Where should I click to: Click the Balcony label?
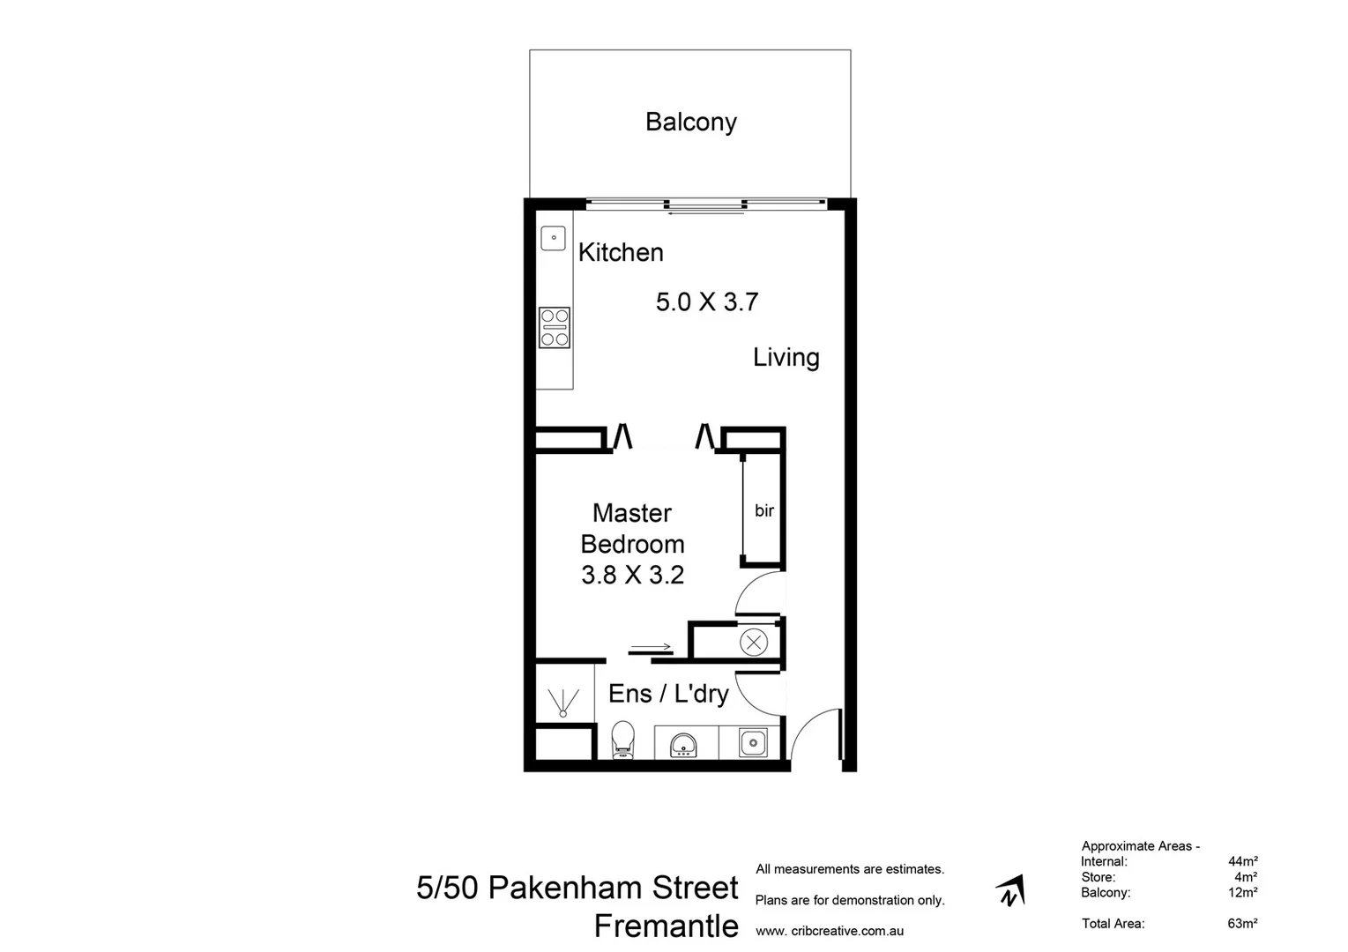pyautogui.click(x=690, y=122)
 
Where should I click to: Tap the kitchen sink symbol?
pyautogui.click(x=553, y=238)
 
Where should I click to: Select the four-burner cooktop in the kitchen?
pyautogui.click(x=555, y=328)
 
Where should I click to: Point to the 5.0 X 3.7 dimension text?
pyautogui.click(x=707, y=302)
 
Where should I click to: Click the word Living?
pyautogui.click(x=786, y=357)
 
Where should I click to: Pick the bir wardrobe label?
pyautogui.click(x=763, y=510)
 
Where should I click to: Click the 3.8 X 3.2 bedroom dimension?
pyautogui.click(x=632, y=575)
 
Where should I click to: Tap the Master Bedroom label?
pyautogui.click(x=632, y=528)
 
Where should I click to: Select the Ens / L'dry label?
pyautogui.click(x=668, y=694)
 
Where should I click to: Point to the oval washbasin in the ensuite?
pyautogui.click(x=684, y=744)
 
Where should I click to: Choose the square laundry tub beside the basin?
pyautogui.click(x=752, y=743)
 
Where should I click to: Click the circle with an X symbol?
pyautogui.click(x=753, y=642)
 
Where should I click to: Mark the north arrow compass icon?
pyautogui.click(x=1010, y=891)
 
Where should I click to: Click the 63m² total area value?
pyautogui.click(x=1242, y=924)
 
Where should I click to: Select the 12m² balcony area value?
pyautogui.click(x=1242, y=892)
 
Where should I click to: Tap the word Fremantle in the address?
pyautogui.click(x=666, y=926)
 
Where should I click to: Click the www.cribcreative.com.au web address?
pyautogui.click(x=829, y=931)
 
